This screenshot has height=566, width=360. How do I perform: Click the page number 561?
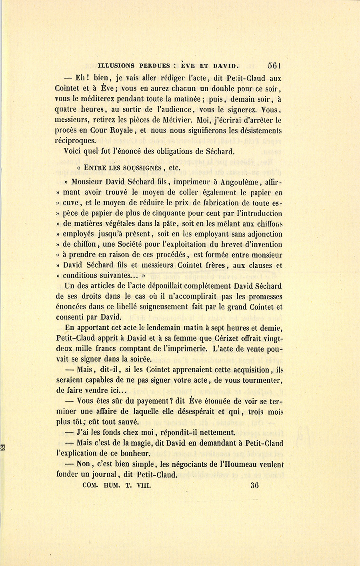click(x=275, y=66)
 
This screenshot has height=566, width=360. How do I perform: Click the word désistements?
click(x=258, y=130)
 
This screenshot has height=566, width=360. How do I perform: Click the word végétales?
click(x=113, y=224)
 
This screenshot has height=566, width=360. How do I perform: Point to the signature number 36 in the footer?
click(x=254, y=486)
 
